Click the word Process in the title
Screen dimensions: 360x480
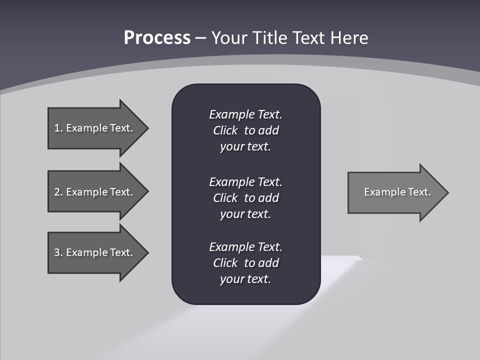click(157, 38)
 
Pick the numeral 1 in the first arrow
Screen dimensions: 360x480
click(57, 128)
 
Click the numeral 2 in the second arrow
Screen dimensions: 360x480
click(57, 192)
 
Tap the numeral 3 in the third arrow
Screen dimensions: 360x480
click(57, 252)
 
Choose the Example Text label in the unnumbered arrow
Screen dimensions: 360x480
click(397, 192)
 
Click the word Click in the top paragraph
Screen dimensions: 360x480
click(225, 130)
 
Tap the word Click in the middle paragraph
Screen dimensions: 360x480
click(225, 198)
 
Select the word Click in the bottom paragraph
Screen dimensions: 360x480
click(225, 263)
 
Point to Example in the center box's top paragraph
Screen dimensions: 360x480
click(231, 114)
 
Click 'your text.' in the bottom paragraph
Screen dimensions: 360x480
click(245, 279)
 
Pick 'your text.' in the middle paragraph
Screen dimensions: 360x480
click(245, 214)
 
